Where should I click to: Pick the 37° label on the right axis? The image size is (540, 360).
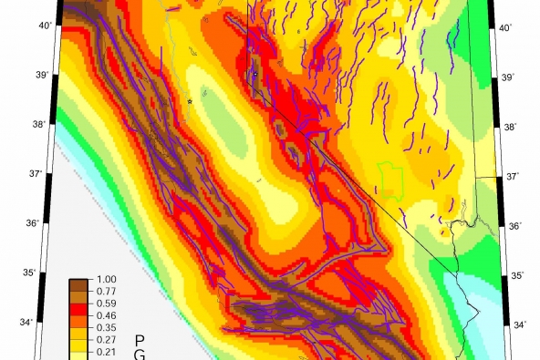point(511,177)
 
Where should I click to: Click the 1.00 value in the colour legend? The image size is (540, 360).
point(106,279)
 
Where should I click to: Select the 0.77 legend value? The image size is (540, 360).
point(106,291)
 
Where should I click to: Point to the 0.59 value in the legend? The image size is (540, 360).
point(106,303)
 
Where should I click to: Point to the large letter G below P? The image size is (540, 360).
point(140,355)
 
